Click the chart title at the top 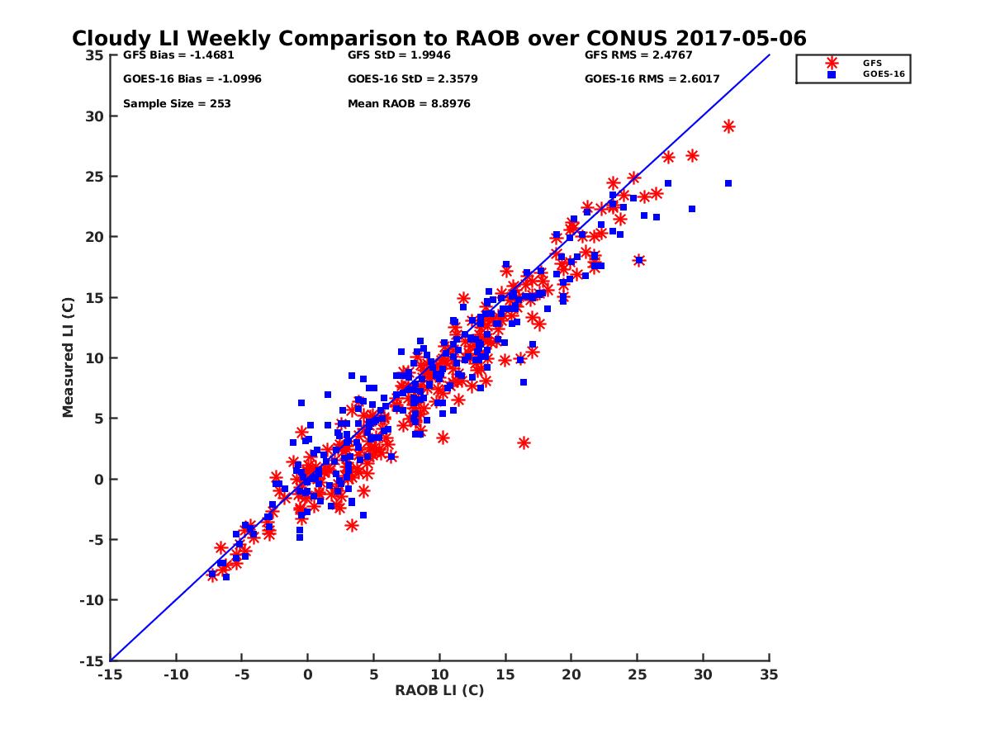(439, 39)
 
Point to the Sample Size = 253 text (177, 104)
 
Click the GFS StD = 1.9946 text (399, 56)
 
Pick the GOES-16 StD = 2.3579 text (412, 79)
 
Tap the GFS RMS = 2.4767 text (638, 56)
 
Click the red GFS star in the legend (832, 63)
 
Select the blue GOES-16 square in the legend (832, 74)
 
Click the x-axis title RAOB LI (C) (439, 690)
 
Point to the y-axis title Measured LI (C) (68, 357)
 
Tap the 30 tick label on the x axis (704, 675)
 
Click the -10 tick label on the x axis (175, 675)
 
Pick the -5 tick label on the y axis (96, 540)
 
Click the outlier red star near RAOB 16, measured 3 (524, 443)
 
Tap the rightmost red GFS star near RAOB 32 (728, 126)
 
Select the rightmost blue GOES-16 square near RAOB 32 (728, 183)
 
